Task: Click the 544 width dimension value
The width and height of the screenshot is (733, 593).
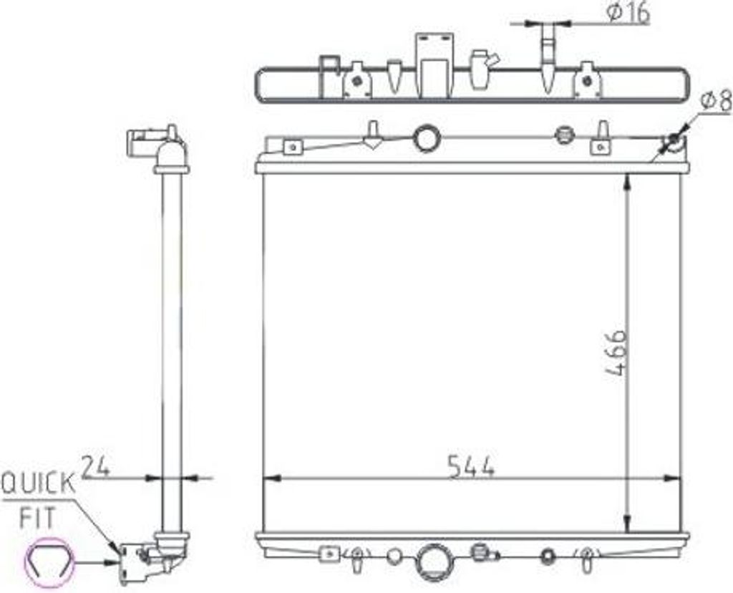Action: pos(470,467)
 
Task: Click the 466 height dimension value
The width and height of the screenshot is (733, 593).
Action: pos(615,353)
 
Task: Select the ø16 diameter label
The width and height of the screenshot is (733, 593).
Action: pos(628,13)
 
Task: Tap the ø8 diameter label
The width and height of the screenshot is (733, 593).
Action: pos(716,101)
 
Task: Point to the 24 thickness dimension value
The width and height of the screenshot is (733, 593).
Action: pos(96,466)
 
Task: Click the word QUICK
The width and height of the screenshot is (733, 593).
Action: pos(39,483)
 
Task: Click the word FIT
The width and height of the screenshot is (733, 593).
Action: pos(37,518)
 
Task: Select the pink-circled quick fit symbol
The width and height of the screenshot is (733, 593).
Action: pos(49,562)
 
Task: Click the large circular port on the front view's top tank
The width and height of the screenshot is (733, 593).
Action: pos(427,138)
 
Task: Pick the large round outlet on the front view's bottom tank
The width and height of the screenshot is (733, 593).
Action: pos(434,561)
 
